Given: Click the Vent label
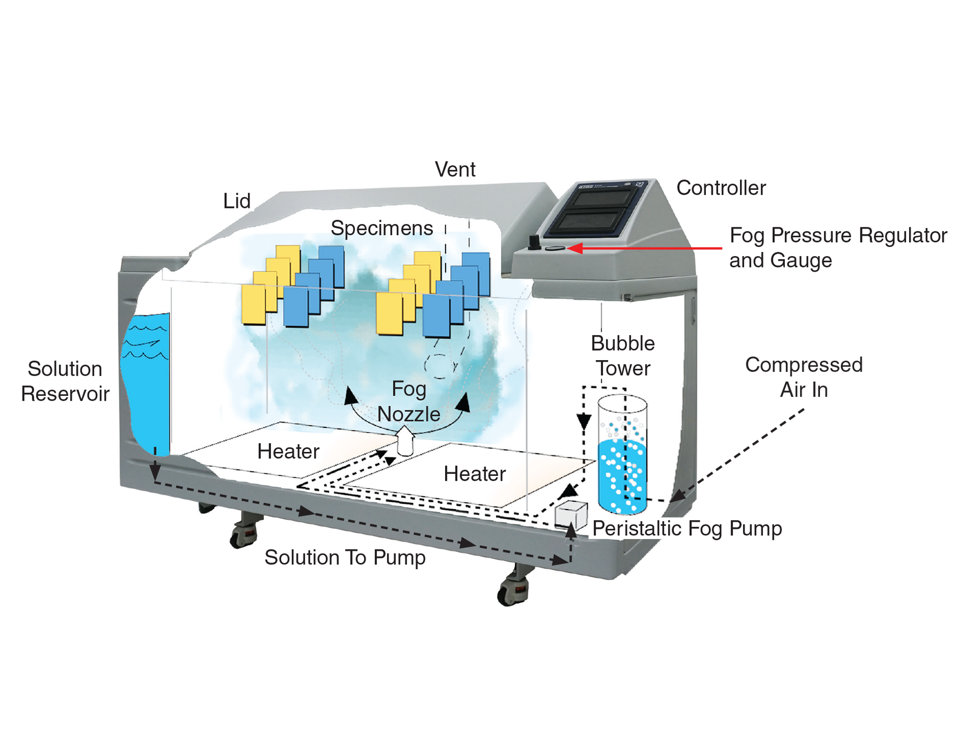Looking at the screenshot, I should pyautogui.click(x=455, y=170).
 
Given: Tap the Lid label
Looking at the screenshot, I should pyautogui.click(x=237, y=201).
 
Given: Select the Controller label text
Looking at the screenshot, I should pyautogui.click(x=721, y=188).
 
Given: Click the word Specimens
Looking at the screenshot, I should pyautogui.click(x=382, y=228).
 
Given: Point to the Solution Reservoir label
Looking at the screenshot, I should pyautogui.click(x=65, y=381).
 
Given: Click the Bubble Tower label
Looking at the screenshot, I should pyautogui.click(x=623, y=356).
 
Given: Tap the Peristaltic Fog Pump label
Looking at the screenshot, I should pyautogui.click(x=687, y=529).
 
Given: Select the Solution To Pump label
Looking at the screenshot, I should pyautogui.click(x=345, y=557).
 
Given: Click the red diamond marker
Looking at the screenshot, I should pyautogui.click(x=712, y=248).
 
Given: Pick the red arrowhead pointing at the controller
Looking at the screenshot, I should pyautogui.click(x=575, y=248).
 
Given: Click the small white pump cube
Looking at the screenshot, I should pyautogui.click(x=571, y=515).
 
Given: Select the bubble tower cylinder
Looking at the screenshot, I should pyautogui.click(x=623, y=456).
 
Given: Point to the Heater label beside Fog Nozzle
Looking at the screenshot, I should pyautogui.click(x=288, y=451).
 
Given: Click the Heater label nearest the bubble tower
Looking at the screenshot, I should pyautogui.click(x=474, y=474).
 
